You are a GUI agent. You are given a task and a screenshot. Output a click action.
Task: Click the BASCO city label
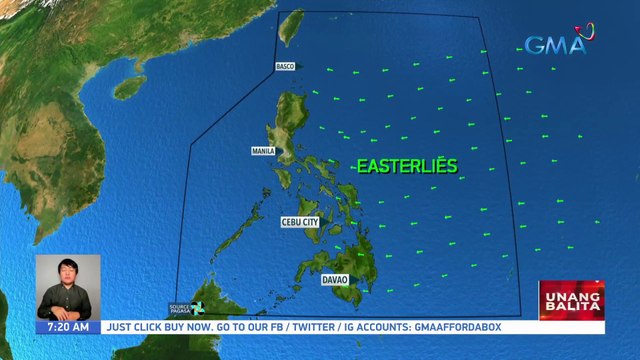285,67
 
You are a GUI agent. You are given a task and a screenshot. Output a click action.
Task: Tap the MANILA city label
263,152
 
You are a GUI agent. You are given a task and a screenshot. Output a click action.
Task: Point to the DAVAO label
334,280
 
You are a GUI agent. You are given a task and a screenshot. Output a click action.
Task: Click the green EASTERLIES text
407,167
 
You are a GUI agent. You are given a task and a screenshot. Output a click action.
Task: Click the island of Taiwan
290,31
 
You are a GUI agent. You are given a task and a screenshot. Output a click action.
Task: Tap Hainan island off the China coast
129,87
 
